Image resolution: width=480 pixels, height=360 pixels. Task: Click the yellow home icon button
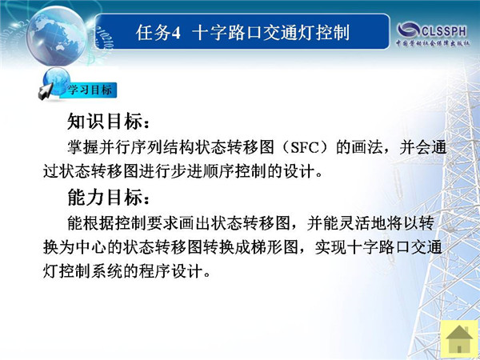pos(459,339)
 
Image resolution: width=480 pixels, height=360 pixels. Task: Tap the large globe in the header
pos(57,36)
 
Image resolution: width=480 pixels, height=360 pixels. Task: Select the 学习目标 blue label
pos(90,90)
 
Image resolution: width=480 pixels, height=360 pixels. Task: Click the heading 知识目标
pos(105,122)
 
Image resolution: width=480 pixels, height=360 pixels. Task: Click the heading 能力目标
pos(105,197)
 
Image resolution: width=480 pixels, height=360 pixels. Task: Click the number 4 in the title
pos(176,33)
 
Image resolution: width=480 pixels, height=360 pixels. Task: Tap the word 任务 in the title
pos(153,33)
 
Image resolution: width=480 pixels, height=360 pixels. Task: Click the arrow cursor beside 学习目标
pos(46,92)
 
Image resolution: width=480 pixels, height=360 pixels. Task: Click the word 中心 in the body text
pos(91,247)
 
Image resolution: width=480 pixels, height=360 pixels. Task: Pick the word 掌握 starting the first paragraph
pos(83,148)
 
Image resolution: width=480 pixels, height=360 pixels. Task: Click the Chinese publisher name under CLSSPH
pos(433,43)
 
